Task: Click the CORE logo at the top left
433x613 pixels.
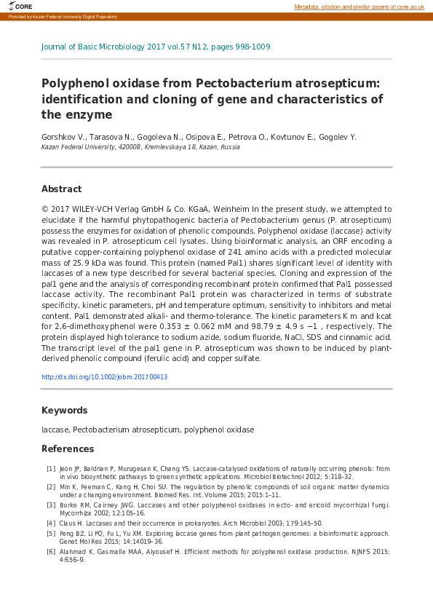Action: click(x=20, y=6)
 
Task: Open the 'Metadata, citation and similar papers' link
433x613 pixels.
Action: click(x=359, y=7)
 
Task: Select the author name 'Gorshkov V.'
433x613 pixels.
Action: click(x=64, y=136)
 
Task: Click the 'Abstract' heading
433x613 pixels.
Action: click(x=61, y=189)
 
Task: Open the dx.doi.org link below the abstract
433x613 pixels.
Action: click(x=105, y=377)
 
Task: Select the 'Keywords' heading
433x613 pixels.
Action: click(x=64, y=411)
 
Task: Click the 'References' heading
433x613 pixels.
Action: click(x=68, y=449)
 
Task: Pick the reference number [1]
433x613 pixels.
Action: click(x=51, y=468)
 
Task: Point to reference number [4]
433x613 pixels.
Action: click(x=51, y=523)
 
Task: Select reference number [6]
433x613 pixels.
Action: click(x=51, y=551)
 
